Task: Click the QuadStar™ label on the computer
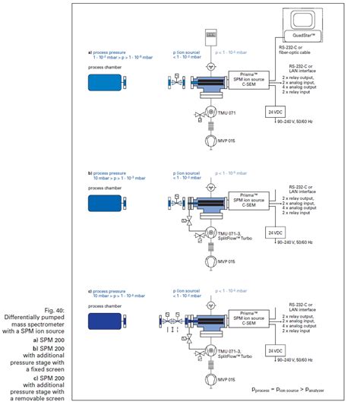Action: coord(299,34)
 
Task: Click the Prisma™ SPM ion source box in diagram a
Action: coord(247,80)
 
